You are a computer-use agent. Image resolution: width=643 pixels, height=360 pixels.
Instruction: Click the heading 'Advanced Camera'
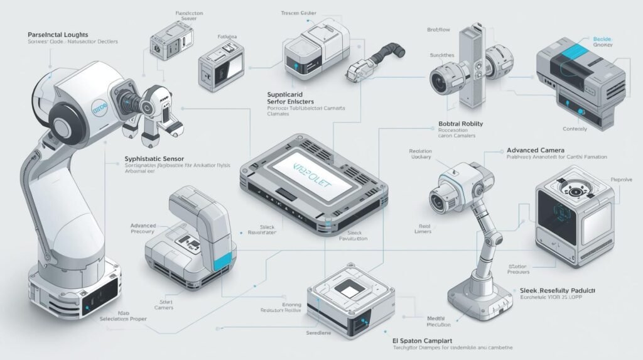pos(536,151)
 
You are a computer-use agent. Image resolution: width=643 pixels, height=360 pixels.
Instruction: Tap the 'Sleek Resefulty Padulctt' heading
pos(557,292)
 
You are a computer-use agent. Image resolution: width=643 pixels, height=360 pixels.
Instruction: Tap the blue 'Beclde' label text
pos(602,39)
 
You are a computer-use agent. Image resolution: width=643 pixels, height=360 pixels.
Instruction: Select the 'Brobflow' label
pos(440,30)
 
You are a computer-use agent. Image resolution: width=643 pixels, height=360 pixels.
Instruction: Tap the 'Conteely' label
pos(575,129)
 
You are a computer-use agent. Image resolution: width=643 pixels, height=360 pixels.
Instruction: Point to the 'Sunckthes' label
pos(442,55)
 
